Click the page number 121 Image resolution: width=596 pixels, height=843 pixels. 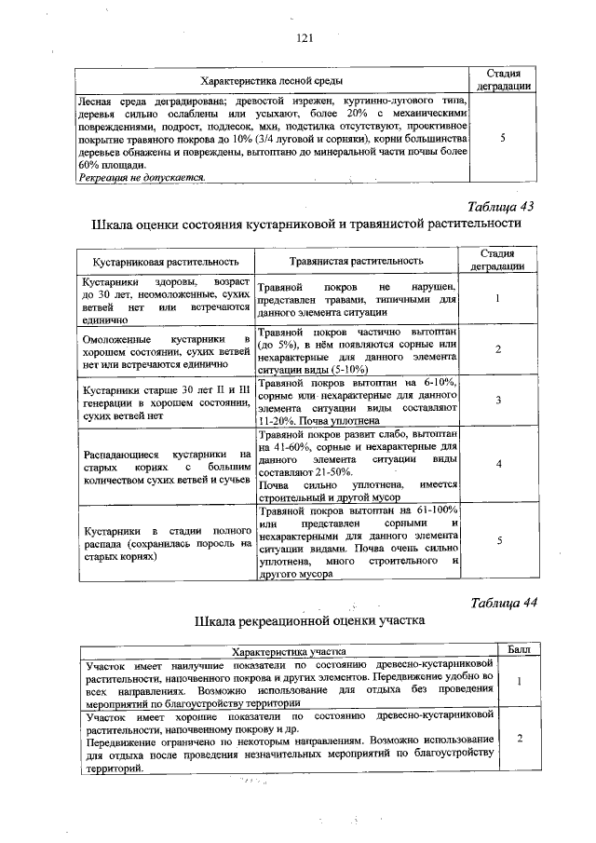pyautogui.click(x=303, y=38)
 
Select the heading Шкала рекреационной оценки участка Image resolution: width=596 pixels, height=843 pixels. pyautogui.click(x=309, y=620)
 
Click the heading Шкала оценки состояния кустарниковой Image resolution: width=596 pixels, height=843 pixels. pyautogui.click(x=305, y=225)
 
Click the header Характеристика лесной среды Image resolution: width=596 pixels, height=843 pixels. pyautogui.click(x=269, y=81)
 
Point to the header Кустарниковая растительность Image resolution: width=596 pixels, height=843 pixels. pyautogui.click(x=164, y=262)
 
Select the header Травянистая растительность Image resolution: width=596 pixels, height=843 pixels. pyautogui.click(x=356, y=261)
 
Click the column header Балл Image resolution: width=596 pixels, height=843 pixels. pyautogui.click(x=519, y=648)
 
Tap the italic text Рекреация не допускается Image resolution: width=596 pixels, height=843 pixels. pyautogui.click(x=142, y=176)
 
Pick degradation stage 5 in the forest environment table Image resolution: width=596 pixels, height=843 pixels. pyautogui.click(x=503, y=138)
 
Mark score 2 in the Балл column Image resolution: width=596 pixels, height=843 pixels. pyautogui.click(x=519, y=739)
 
